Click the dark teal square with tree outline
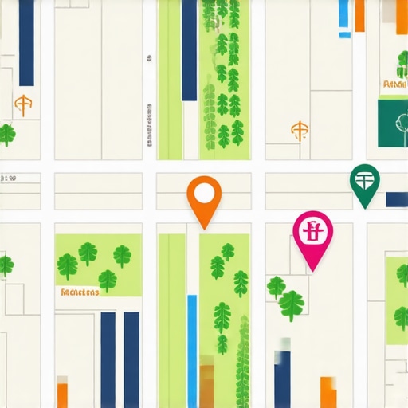(x=393, y=123)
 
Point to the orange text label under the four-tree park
(x=79, y=292)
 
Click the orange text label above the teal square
(x=394, y=84)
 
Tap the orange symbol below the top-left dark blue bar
(x=24, y=104)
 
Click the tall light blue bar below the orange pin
(x=192, y=351)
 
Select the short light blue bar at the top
(x=343, y=16)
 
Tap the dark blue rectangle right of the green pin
(x=396, y=199)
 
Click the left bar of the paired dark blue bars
(x=108, y=359)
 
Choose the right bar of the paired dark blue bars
(x=131, y=359)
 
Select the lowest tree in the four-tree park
(x=108, y=280)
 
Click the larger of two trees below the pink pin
(x=291, y=305)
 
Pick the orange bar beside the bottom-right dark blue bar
(x=328, y=392)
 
